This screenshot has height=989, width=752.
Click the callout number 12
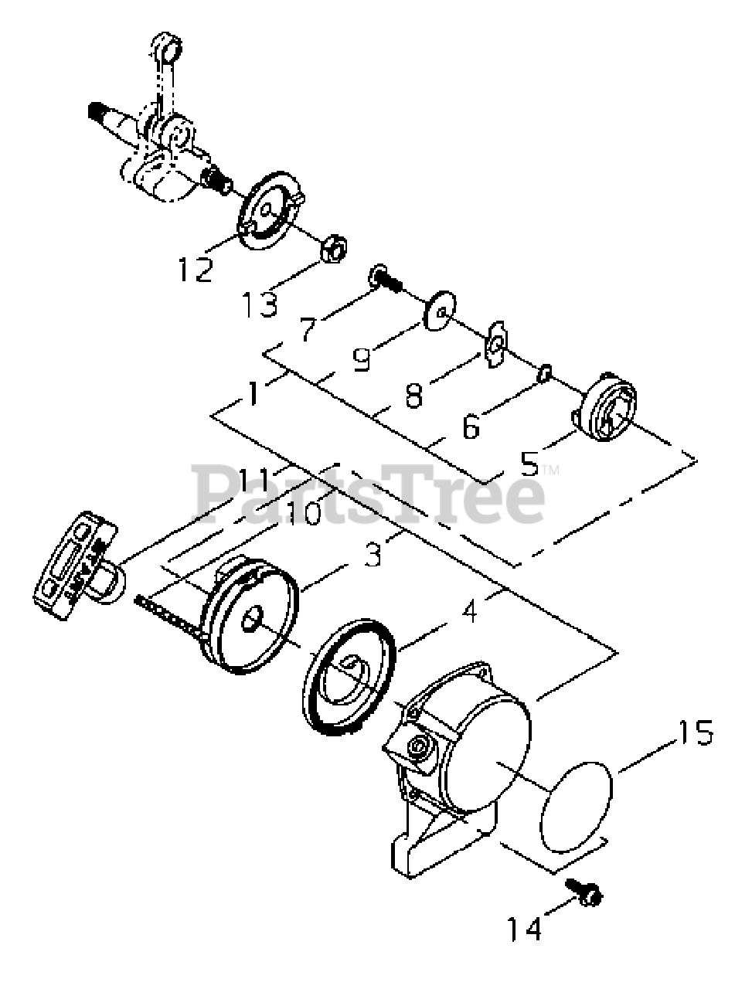pos(195,268)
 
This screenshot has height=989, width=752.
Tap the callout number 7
pos(308,329)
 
